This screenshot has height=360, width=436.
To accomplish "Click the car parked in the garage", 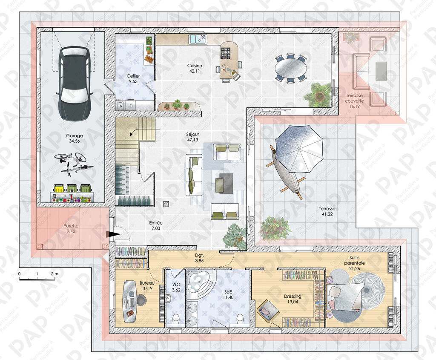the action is click(x=74, y=84).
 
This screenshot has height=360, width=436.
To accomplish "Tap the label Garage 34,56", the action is click(x=74, y=138).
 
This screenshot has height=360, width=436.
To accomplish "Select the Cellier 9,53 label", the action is click(x=133, y=79).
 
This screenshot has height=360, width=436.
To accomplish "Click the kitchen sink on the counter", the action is click(x=198, y=40).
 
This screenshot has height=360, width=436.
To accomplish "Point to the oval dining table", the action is click(x=291, y=69).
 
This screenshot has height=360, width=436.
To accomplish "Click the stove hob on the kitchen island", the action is click(x=226, y=53).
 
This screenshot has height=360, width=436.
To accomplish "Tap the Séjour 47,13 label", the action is click(x=192, y=137).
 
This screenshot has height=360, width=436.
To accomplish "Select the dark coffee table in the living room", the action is click(x=224, y=183).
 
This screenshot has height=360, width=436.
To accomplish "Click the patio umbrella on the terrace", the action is click(x=299, y=149).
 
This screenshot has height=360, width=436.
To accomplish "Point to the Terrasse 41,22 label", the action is click(x=327, y=211).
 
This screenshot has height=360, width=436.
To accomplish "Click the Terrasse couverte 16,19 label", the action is click(x=354, y=101).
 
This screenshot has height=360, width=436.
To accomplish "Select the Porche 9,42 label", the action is click(x=71, y=228).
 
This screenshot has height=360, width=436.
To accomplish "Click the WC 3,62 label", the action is click(x=176, y=287).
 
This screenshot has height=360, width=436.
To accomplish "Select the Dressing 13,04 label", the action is click(x=293, y=299).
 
